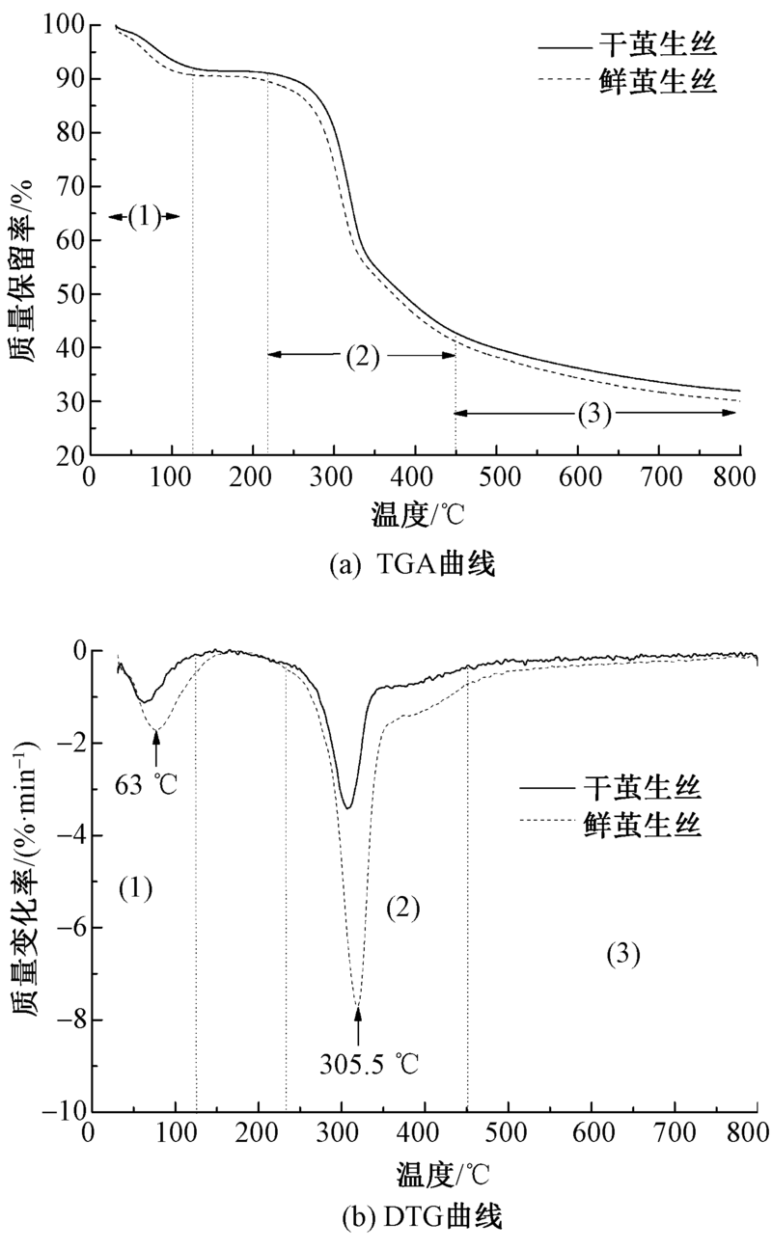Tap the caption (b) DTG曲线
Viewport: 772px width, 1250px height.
[422, 1217]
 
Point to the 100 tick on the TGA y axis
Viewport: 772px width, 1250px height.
[63, 26]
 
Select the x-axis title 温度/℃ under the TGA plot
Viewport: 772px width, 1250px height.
[418, 514]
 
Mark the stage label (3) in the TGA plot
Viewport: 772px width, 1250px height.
[595, 414]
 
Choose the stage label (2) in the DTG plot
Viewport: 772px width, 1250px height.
[403, 907]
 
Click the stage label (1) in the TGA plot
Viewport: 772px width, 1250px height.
[144, 217]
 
